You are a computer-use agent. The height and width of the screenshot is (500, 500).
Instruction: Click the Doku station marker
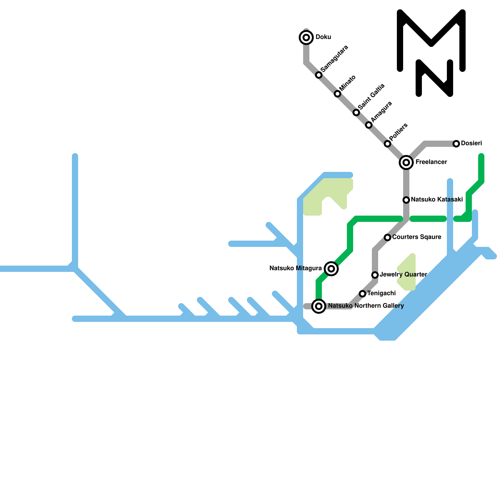306,37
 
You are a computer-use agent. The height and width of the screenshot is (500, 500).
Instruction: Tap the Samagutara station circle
319,75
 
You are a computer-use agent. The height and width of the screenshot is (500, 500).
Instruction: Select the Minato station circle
337,94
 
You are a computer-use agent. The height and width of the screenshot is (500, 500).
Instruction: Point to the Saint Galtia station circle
356,112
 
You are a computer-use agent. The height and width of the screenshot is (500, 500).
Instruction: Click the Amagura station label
382,112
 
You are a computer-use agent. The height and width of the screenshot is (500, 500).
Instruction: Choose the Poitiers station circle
387,144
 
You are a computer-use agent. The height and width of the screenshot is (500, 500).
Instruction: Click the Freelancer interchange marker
406,162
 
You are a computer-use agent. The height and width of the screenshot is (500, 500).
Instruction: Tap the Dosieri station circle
456,144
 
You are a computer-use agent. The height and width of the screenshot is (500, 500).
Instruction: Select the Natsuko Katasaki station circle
406,200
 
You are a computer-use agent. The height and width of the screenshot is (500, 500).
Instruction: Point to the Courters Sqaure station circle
387,237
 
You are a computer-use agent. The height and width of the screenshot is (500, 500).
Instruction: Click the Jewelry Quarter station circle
375,275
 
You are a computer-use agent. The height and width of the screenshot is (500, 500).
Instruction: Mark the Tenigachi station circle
362,294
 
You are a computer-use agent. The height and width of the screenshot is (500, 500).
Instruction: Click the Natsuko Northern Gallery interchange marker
319,306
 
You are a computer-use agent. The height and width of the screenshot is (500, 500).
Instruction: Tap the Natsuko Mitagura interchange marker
331,269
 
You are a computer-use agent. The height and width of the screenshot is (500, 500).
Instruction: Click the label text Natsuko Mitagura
295,268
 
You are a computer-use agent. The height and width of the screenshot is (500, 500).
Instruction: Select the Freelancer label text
431,162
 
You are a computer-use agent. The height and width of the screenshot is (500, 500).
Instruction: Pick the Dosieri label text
471,143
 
